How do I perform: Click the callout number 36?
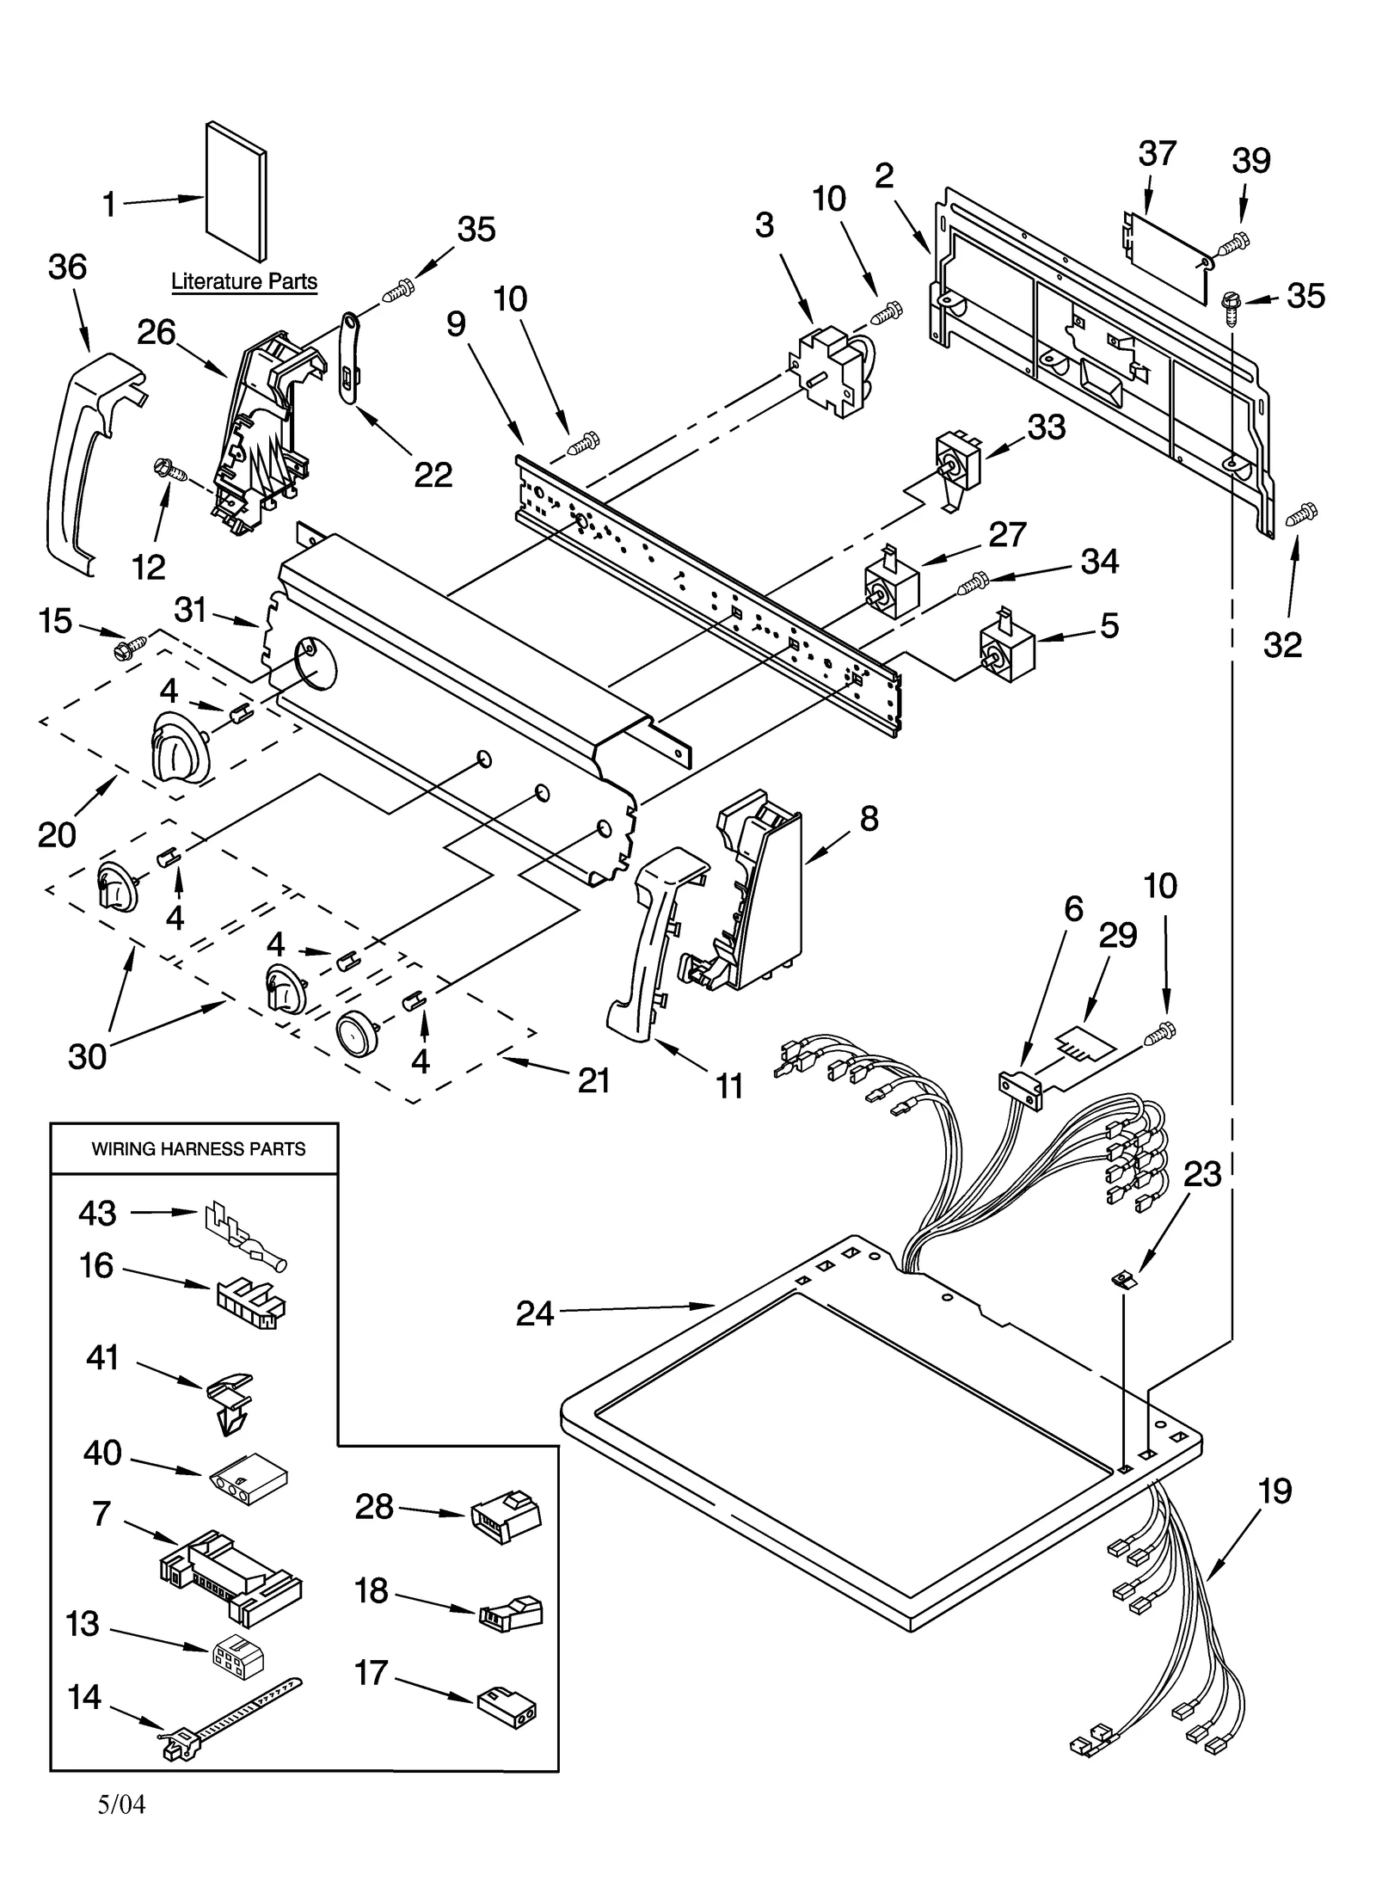[67, 267]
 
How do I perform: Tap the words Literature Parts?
[244, 281]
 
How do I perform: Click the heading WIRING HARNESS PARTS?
[199, 1149]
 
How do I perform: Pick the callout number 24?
[534, 1313]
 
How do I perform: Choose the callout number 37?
[1157, 154]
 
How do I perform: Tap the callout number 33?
[1046, 427]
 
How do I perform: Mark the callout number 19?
[1274, 1490]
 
